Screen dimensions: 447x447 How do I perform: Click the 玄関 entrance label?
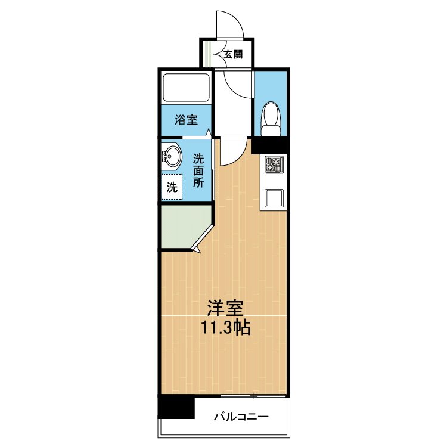point(233,55)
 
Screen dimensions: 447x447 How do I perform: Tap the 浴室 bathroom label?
point(186,119)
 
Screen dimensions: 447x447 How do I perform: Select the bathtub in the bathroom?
point(186,89)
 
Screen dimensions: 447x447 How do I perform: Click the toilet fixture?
point(272,117)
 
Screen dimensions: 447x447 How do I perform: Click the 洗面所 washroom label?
point(198,170)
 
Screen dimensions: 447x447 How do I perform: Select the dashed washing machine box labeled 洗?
point(172,187)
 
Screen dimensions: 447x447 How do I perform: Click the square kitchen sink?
point(274,197)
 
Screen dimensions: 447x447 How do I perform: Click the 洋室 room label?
point(225,308)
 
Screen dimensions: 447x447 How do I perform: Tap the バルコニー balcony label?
point(241,417)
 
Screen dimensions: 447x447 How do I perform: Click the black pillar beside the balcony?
point(176,407)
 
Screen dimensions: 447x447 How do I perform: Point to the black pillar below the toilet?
point(270,145)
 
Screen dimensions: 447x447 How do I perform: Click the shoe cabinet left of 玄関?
point(207,54)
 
